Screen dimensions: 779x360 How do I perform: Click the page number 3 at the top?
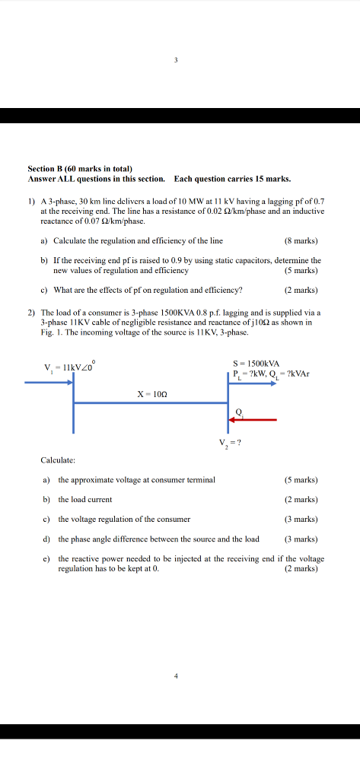click(176, 60)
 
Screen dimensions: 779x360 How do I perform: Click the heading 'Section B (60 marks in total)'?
click(80, 168)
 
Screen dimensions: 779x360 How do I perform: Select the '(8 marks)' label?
click(300, 241)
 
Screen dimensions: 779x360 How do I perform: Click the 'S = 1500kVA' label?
click(256, 363)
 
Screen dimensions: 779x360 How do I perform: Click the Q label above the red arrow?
click(239, 411)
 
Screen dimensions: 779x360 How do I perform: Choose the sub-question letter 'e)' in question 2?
click(46, 558)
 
